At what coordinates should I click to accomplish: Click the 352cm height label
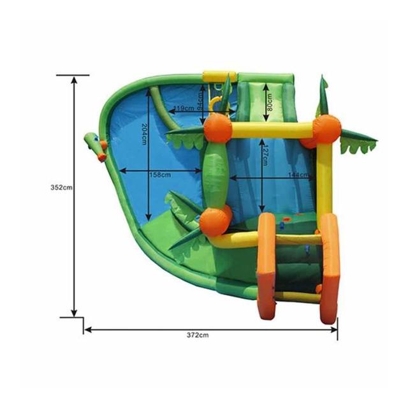pos(61,187)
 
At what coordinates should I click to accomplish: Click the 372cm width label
pos(198,335)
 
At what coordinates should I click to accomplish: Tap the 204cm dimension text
pos(144,135)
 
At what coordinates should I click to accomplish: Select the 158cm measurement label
pos(161,175)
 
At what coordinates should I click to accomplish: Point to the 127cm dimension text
pos(265,156)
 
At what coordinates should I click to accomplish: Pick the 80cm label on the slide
pos(270,102)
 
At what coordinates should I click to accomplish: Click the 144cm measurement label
pos(298,175)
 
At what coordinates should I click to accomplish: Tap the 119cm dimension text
pos(184,108)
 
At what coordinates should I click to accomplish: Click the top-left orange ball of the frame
pos(218,128)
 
